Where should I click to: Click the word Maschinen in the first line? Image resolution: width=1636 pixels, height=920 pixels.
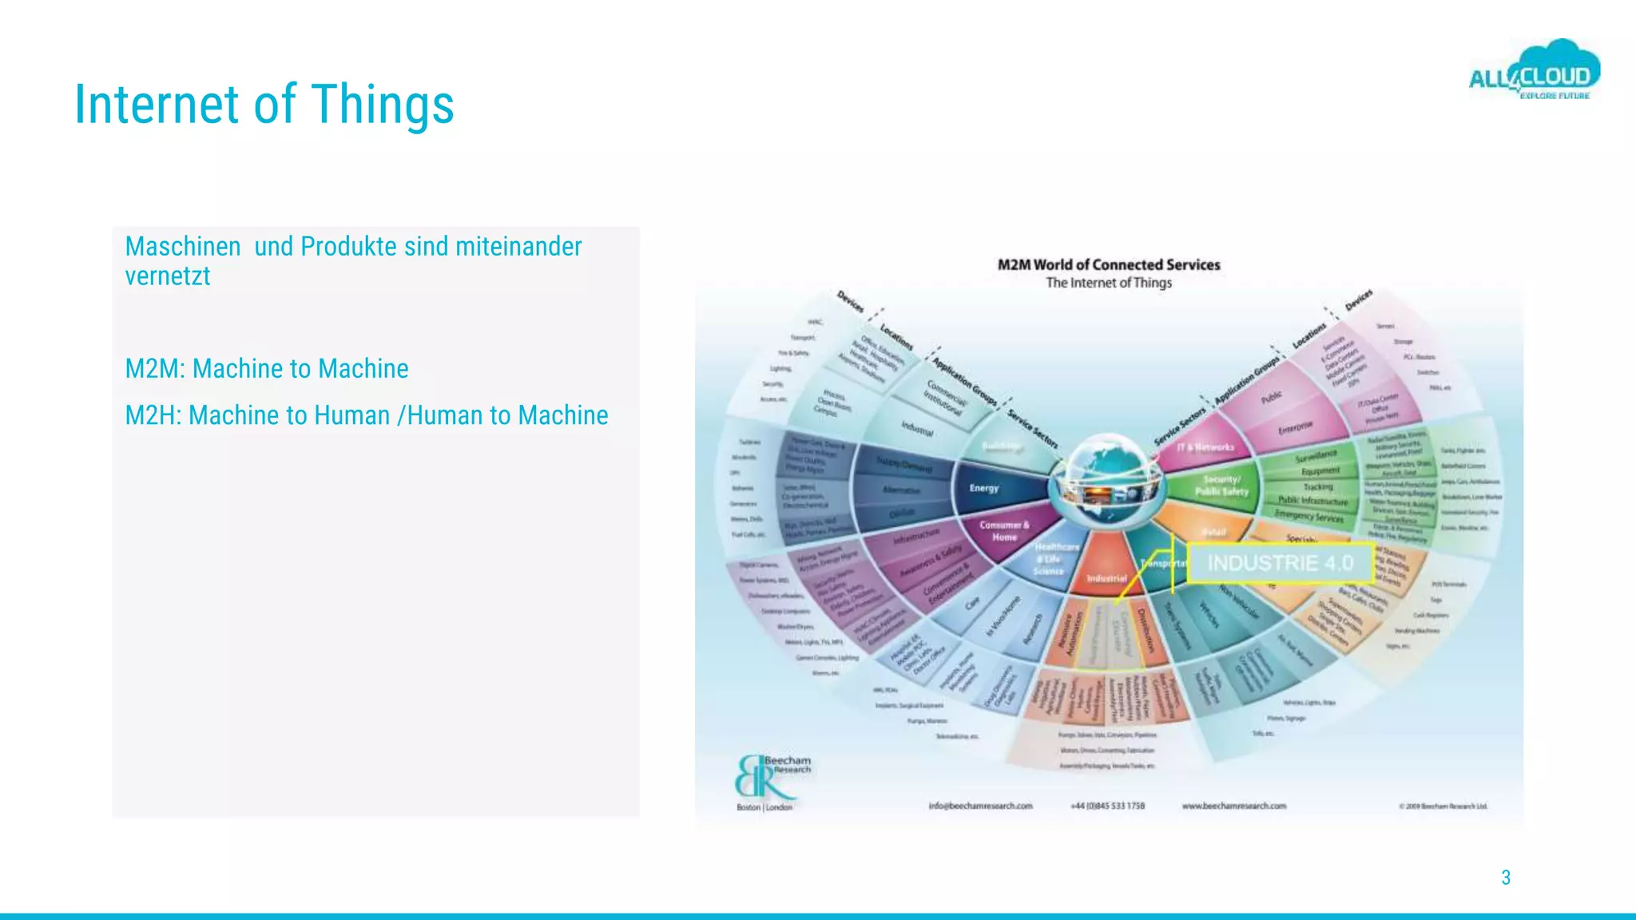pyautogui.click(x=183, y=247)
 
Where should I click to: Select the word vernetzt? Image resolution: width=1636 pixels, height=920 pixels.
pyautogui.click(x=168, y=276)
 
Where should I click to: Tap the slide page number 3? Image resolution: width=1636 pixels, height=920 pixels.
pyautogui.click(x=1506, y=878)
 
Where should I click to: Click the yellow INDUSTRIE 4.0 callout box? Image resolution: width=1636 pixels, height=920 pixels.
pyautogui.click(x=1280, y=563)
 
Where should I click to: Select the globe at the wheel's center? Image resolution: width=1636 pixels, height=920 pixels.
pyautogui.click(x=1109, y=479)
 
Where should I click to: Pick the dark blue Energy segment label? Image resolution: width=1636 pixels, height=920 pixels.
pyautogui.click(x=984, y=488)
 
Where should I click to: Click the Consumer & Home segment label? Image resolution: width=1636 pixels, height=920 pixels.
pyautogui.click(x=1004, y=531)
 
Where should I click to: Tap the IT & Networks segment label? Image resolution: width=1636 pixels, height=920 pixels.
pyautogui.click(x=1205, y=447)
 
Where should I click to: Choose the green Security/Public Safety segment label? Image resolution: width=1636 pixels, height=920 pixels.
pyautogui.click(x=1221, y=486)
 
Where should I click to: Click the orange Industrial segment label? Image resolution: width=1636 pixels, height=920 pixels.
pyautogui.click(x=1106, y=577)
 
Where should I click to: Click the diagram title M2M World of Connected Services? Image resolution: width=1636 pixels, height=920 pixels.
pyautogui.click(x=1109, y=264)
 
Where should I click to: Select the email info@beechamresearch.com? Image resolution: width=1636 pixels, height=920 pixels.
pyautogui.click(x=980, y=806)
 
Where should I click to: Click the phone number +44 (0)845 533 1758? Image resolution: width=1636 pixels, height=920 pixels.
pyautogui.click(x=1107, y=806)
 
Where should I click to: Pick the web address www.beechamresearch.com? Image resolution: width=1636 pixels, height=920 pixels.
pyautogui.click(x=1234, y=806)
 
